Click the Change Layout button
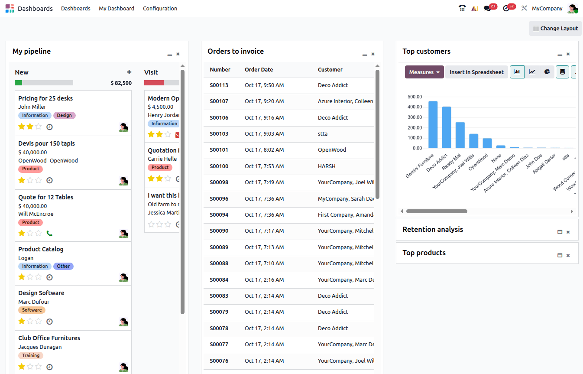555,29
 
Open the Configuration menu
160,9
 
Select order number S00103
219,134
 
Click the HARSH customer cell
327,166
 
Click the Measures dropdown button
424,72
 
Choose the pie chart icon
547,72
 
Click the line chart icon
532,72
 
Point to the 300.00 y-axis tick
415,117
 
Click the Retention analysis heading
433,230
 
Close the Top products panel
568,256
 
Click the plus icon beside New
129,72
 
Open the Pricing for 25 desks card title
45,98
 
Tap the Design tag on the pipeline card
65,115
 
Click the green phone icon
49,234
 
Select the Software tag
32,310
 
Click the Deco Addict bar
447,127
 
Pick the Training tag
31,356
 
